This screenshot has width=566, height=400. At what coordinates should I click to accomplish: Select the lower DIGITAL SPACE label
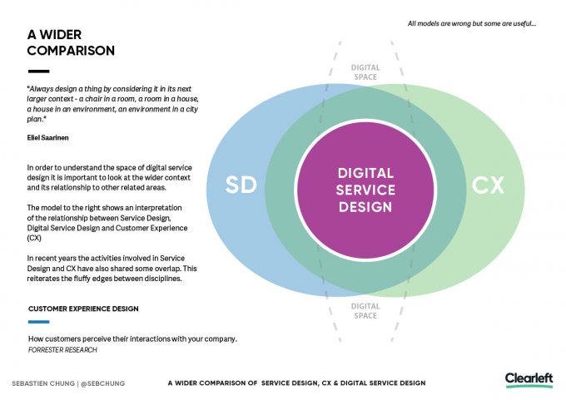(x=365, y=311)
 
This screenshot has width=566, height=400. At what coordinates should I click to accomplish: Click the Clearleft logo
(x=529, y=379)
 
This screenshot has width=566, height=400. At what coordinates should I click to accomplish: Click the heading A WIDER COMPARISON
(x=71, y=42)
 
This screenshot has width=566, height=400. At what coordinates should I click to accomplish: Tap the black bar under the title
(x=38, y=72)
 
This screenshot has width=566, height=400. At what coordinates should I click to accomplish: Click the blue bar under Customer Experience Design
(x=38, y=322)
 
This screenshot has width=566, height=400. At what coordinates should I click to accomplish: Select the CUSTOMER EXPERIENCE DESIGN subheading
(x=83, y=309)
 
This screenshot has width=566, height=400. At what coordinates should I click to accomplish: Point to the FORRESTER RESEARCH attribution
(x=62, y=350)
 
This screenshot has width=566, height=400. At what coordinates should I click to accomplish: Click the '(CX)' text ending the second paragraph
(x=34, y=237)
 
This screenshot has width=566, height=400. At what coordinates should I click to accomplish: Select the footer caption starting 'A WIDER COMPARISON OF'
(x=296, y=383)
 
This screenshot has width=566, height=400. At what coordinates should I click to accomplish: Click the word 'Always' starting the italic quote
(x=43, y=88)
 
